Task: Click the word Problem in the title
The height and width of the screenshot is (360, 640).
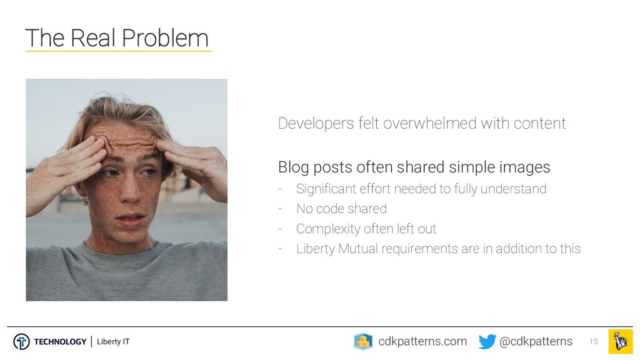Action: coord(165,38)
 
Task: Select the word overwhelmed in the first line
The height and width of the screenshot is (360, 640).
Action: coord(429,123)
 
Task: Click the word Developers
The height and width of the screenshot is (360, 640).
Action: coord(316,124)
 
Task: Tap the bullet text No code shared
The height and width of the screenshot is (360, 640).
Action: coord(341,209)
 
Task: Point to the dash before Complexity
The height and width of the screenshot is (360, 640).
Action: coord(281,229)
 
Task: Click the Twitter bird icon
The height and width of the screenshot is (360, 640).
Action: coord(487,342)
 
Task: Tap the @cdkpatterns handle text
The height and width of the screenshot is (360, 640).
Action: coord(536,342)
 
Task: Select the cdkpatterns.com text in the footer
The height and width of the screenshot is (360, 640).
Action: coord(422,342)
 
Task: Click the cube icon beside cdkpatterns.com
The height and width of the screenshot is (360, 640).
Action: coord(363,342)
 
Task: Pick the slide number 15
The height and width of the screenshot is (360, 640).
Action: coord(594,342)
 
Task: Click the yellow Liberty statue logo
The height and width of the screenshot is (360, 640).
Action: coord(621,341)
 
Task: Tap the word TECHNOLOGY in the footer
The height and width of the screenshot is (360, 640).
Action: coord(60,342)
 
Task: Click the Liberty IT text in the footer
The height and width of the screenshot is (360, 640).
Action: coord(113,342)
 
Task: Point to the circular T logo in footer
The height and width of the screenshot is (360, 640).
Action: coord(21,342)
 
